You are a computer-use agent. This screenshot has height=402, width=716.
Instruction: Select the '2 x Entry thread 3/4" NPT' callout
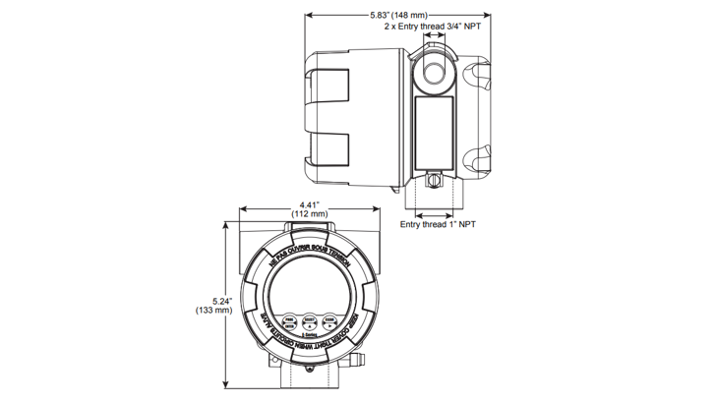(435, 28)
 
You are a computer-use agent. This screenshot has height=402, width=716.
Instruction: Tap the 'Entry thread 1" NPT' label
(438, 224)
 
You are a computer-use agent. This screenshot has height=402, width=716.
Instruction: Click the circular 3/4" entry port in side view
(433, 71)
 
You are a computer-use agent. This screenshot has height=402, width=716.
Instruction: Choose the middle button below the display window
(309, 320)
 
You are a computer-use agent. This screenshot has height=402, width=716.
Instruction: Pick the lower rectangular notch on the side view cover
(334, 148)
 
